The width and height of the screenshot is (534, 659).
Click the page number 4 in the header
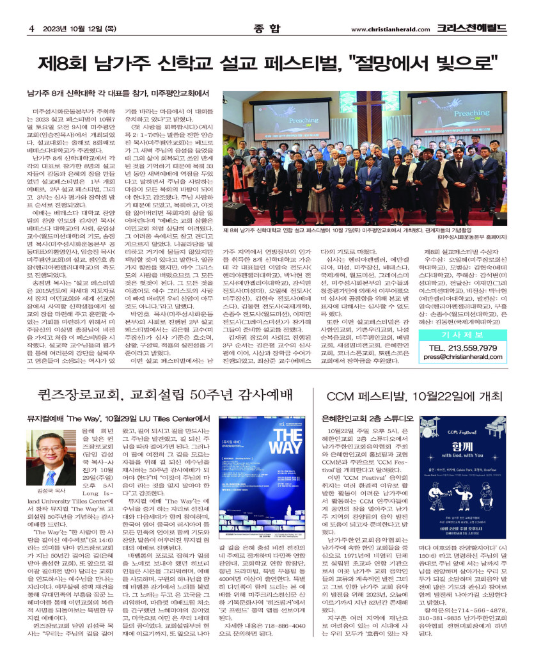pyautogui.click(x=31, y=28)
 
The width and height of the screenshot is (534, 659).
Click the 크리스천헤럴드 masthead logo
pyautogui.click(x=472, y=28)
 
